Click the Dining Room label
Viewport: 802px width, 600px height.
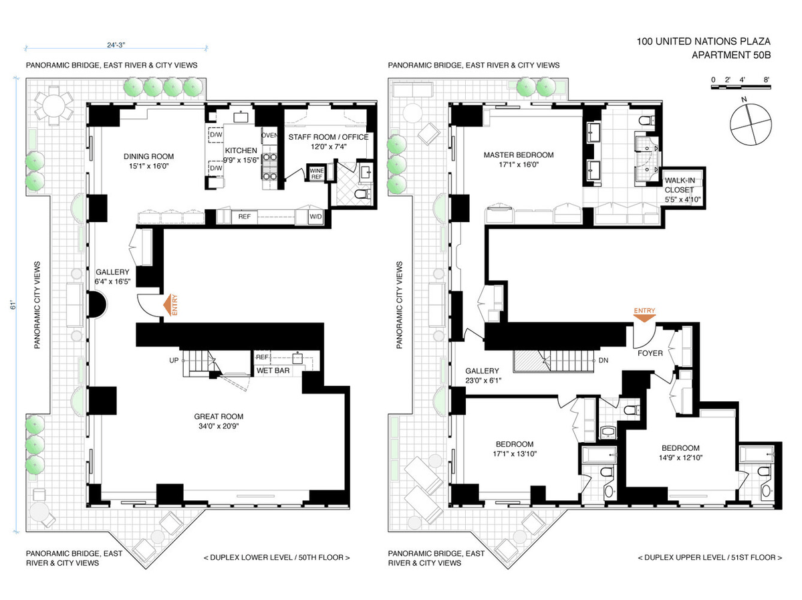[x=148, y=157]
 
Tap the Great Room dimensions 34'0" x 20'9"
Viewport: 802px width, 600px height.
[x=219, y=426]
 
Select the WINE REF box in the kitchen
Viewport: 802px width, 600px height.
[x=316, y=173]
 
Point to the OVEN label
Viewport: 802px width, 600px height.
[x=269, y=135]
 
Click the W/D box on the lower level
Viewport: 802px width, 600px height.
[x=315, y=217]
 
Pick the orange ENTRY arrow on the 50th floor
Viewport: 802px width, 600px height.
[x=168, y=304]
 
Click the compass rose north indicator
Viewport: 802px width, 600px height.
[x=744, y=100]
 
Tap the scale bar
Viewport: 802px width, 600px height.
[x=741, y=88]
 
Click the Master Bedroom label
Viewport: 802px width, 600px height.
[x=519, y=155]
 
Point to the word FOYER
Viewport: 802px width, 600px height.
[x=650, y=353]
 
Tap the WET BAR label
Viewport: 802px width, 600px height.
[x=273, y=371]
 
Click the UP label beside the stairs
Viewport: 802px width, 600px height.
[x=174, y=360]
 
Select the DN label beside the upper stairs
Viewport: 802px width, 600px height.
[x=604, y=360]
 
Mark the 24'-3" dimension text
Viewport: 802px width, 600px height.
[x=116, y=45]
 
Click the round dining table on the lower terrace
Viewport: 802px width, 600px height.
[x=54, y=105]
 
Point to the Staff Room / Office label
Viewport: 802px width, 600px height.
[x=328, y=137]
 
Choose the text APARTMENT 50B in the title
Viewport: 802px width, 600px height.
[x=730, y=56]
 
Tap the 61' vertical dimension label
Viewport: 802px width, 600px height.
[x=14, y=305]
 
